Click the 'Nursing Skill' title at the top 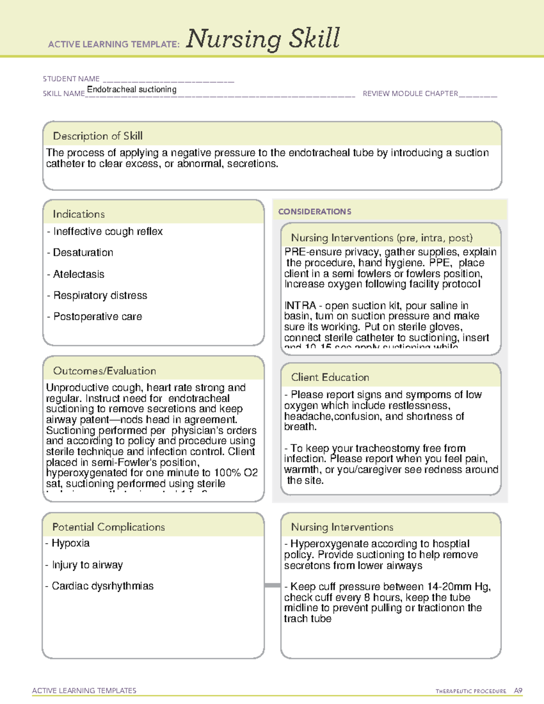pyautogui.click(x=262, y=39)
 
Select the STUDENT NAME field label pyautogui.click(x=71, y=79)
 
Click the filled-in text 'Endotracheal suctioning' pyautogui.click(x=131, y=89)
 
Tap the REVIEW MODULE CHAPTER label pyautogui.click(x=410, y=93)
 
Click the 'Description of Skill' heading pyautogui.click(x=97, y=136)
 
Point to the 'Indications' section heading pyautogui.click(x=78, y=214)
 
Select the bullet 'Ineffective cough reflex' pyautogui.click(x=107, y=232)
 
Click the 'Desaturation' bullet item pyautogui.click(x=83, y=252)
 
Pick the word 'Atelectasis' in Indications pyautogui.click(x=78, y=274)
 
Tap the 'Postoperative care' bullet pyautogui.click(x=97, y=316)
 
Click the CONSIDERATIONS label pyautogui.click(x=315, y=212)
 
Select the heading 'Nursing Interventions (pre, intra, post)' pyautogui.click(x=382, y=238)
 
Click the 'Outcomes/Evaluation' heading pyautogui.click(x=104, y=371)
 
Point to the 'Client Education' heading pyautogui.click(x=330, y=377)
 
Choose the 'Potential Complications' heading pyautogui.click(x=108, y=527)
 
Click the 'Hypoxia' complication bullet pyautogui.click(x=70, y=543)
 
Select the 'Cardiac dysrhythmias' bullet pyautogui.click(x=102, y=586)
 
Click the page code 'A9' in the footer pyautogui.click(x=518, y=691)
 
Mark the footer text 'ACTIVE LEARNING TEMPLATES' pyautogui.click(x=84, y=690)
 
